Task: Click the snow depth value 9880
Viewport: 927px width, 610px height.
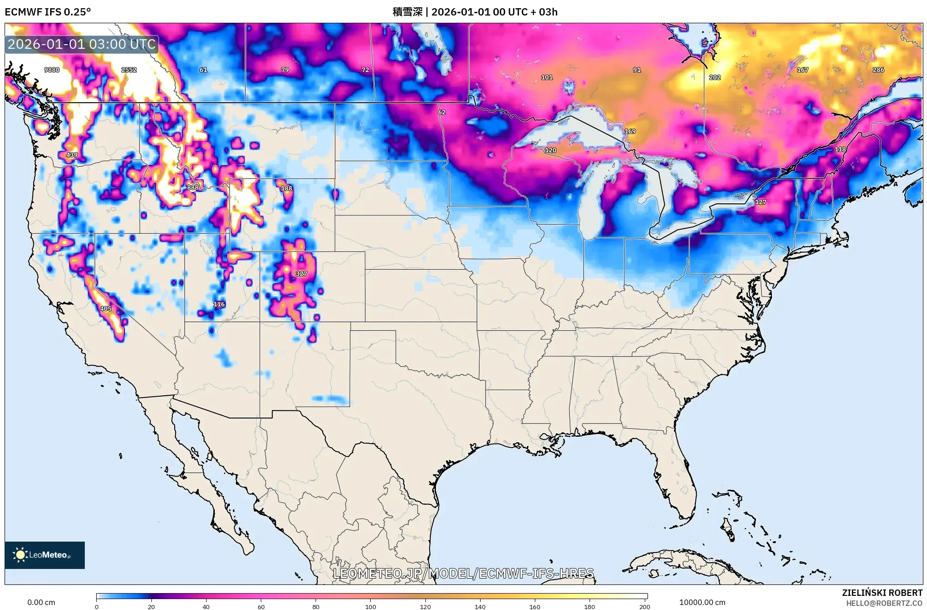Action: [x=52, y=70]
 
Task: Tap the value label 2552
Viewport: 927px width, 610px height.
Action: [x=129, y=70]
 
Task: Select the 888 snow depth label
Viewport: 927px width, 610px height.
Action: [x=193, y=187]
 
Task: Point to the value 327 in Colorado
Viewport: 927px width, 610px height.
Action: [x=301, y=274]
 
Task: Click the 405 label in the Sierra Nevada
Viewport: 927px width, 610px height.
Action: [x=106, y=309]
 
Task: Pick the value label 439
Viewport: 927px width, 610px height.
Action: [x=72, y=155]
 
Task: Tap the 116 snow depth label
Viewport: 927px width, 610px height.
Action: [x=219, y=304]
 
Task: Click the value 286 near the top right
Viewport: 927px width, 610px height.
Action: [x=878, y=70]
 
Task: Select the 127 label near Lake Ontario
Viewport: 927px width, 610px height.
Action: [x=761, y=202]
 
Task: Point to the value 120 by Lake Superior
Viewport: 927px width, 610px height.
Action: [x=551, y=150]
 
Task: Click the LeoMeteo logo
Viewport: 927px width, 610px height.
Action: [x=45, y=555]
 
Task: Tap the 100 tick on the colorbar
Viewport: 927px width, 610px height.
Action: [x=371, y=606]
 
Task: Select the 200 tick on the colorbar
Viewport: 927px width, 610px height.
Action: [x=644, y=606]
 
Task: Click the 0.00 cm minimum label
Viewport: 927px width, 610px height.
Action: [x=41, y=602]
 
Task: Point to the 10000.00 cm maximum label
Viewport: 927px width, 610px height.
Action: [x=702, y=602]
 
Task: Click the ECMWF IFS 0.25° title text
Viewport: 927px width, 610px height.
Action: [x=48, y=12]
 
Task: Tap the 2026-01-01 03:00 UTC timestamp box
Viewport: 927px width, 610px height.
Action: [x=82, y=44]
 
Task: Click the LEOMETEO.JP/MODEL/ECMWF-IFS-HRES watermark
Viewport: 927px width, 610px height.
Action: [x=463, y=573]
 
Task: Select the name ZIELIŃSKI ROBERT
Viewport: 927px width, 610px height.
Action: [x=882, y=593]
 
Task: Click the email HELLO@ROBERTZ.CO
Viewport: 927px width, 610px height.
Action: [x=884, y=603]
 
